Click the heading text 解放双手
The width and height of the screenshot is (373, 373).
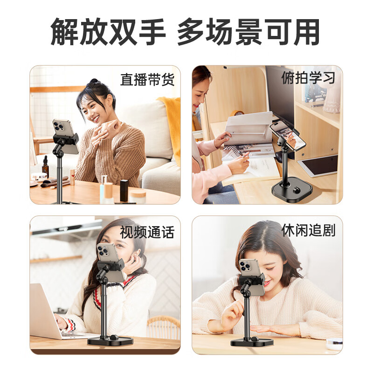(108, 32)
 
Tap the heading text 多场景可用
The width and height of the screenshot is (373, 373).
(248, 32)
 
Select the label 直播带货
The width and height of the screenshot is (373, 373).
(147, 80)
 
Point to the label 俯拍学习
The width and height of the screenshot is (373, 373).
(308, 78)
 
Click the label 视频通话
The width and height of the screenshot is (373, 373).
(147, 232)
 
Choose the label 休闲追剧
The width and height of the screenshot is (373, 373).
(308, 230)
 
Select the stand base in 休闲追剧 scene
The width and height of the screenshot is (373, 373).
(252, 342)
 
